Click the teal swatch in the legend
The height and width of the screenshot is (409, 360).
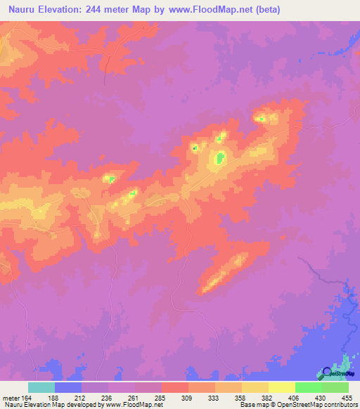click(41, 387)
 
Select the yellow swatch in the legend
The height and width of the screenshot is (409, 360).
click(282, 387)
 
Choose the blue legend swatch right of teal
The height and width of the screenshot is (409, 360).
click(68, 387)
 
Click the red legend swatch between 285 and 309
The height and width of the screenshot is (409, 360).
click(175, 387)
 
